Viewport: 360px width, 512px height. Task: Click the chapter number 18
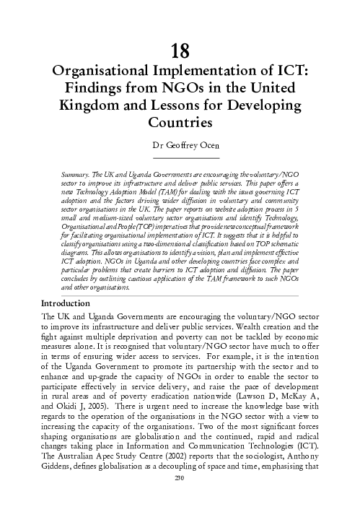pos(180,51)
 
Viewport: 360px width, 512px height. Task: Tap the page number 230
pos(180,498)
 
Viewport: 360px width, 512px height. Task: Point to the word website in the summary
pos(214,209)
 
